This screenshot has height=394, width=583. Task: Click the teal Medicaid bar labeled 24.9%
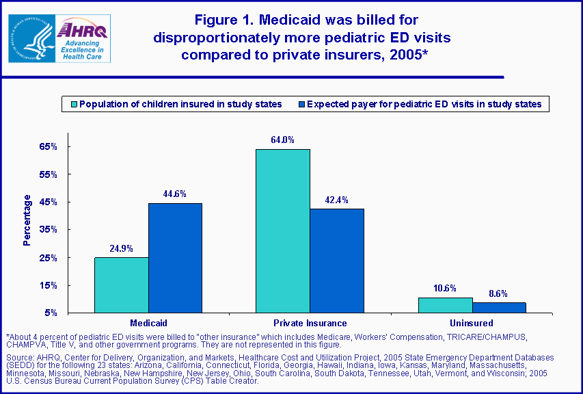[121, 285]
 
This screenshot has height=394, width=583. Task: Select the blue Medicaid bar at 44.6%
[175, 258]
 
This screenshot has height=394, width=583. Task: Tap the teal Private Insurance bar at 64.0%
[282, 231]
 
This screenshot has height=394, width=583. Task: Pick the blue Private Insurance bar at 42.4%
[336, 261]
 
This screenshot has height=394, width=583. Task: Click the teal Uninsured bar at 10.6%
[445, 305]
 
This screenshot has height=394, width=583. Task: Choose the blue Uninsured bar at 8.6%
[499, 308]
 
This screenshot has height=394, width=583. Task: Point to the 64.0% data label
[282, 140]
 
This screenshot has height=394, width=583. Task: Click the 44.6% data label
[175, 194]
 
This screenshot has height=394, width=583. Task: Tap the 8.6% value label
[498, 293]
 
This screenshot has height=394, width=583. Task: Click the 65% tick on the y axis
[47, 147]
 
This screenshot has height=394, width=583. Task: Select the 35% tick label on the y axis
[47, 230]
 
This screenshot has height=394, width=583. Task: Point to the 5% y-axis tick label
[50, 313]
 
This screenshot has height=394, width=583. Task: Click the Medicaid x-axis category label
[148, 323]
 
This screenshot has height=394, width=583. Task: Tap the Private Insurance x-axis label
[310, 323]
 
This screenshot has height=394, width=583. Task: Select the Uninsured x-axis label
[472, 323]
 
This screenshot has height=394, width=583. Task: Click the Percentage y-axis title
[27, 220]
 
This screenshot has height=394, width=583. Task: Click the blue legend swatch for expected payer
[301, 105]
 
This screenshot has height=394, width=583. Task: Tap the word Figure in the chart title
[217, 20]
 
